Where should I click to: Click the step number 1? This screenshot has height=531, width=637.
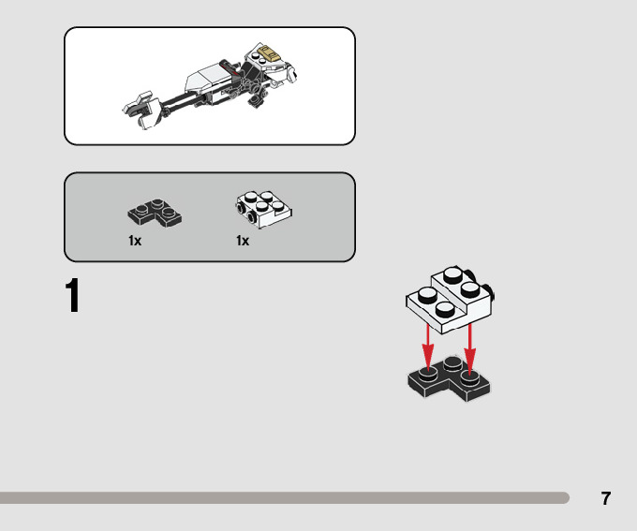point(73,297)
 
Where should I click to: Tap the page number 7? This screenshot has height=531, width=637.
point(606,498)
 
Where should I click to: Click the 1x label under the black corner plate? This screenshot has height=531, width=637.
point(135,241)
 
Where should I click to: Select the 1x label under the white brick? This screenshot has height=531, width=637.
point(243,241)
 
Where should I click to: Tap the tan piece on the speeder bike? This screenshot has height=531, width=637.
point(270,54)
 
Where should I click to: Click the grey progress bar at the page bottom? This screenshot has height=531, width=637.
point(281,498)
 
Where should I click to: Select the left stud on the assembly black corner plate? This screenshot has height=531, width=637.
point(427,373)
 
